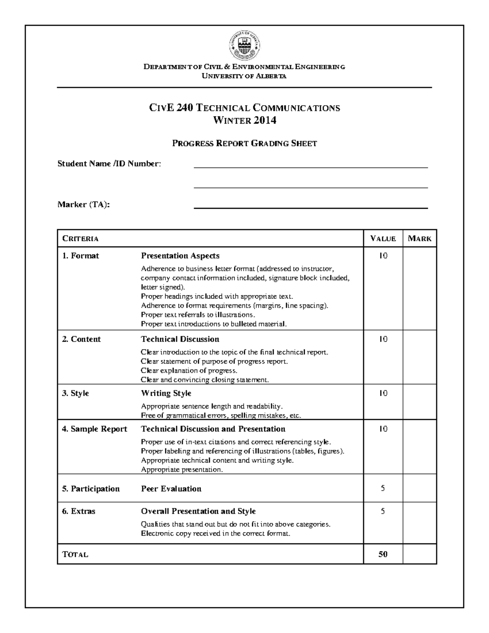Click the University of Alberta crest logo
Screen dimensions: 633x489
[244, 45]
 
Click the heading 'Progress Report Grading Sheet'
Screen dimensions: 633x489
[244, 143]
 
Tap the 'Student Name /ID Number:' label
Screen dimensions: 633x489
[109, 164]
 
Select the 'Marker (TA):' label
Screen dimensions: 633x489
[84, 205]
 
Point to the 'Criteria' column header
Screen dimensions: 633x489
[80, 238]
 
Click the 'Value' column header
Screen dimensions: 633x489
[383, 238]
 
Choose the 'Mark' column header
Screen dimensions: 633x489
[419, 238]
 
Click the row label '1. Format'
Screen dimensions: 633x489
[80, 256]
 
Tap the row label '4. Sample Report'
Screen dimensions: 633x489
[95, 429]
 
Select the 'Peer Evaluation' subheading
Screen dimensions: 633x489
[171, 489]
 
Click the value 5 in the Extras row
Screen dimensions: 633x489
[383, 511]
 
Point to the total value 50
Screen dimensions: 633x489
[383, 554]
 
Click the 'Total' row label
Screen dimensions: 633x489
[75, 555]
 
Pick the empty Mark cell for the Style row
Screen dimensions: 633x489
[419, 402]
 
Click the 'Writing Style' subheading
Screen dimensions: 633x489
[166, 393]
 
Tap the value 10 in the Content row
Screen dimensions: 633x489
[383, 339]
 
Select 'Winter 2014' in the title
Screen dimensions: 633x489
[244, 120]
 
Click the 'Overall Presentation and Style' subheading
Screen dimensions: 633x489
[198, 511]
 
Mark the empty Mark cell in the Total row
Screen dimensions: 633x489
[419, 554]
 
